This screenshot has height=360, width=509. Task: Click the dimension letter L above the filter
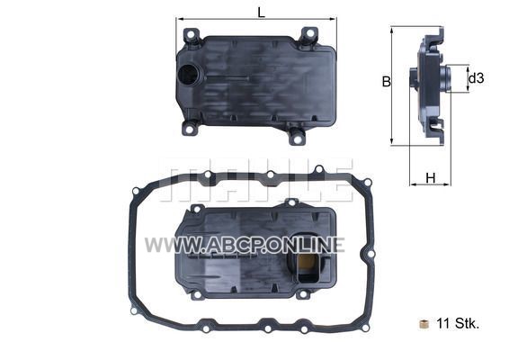(x=262, y=13)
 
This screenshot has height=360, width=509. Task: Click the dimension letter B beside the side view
(x=387, y=82)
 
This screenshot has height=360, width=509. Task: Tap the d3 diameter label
(x=477, y=78)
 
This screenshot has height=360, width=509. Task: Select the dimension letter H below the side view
(x=431, y=178)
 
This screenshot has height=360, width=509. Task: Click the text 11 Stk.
(x=458, y=323)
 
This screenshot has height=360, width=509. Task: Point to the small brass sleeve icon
(x=424, y=324)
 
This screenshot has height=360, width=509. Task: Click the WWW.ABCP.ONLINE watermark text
(x=245, y=245)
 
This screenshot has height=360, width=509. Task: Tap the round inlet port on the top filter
(x=191, y=74)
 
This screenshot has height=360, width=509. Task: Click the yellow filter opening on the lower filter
(x=307, y=261)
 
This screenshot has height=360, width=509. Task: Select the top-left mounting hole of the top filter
(x=191, y=34)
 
